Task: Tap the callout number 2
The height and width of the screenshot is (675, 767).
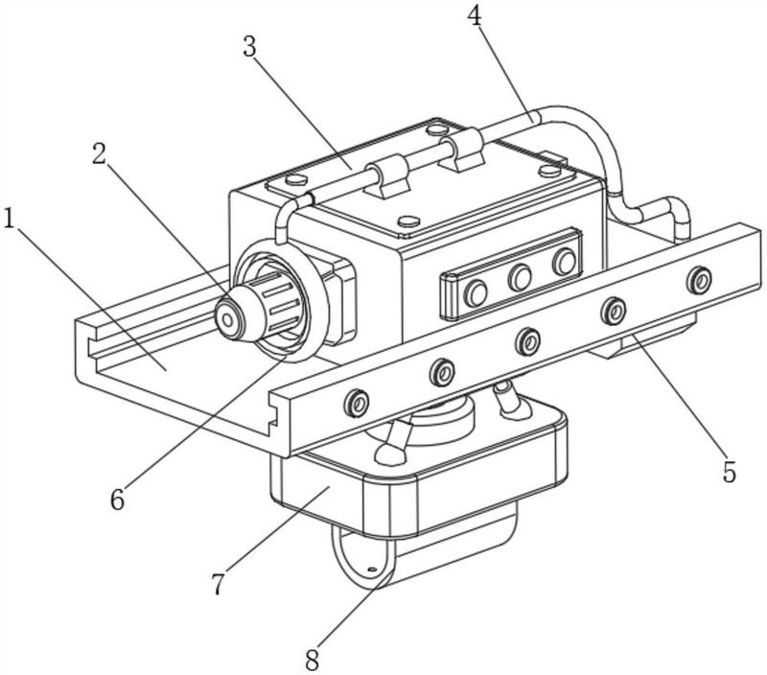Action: pos(99,154)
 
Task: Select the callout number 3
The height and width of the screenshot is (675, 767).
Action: pos(250,47)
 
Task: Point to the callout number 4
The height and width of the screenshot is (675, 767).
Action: pos(474,15)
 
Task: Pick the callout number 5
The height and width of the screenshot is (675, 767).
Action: pos(729,472)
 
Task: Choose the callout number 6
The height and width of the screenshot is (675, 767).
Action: pos(117,499)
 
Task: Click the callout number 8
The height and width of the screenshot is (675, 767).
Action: pos(313,661)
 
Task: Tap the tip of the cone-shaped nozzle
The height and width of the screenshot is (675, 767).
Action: pos(227,320)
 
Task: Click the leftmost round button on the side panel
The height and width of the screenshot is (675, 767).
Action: pos(476,293)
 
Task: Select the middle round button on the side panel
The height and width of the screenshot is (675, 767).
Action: pos(520,278)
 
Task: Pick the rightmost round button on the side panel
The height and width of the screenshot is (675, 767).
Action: pos(564,262)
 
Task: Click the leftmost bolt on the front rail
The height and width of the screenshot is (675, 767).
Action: pos(356,404)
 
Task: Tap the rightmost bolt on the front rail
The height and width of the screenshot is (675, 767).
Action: pos(699,280)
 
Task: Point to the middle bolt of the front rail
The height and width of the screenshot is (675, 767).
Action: pos(528,341)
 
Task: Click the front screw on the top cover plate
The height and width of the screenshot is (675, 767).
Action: pos(409,221)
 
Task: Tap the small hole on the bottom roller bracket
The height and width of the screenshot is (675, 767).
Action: pos(371,570)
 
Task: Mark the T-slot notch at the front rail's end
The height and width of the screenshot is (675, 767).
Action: pos(275,415)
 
